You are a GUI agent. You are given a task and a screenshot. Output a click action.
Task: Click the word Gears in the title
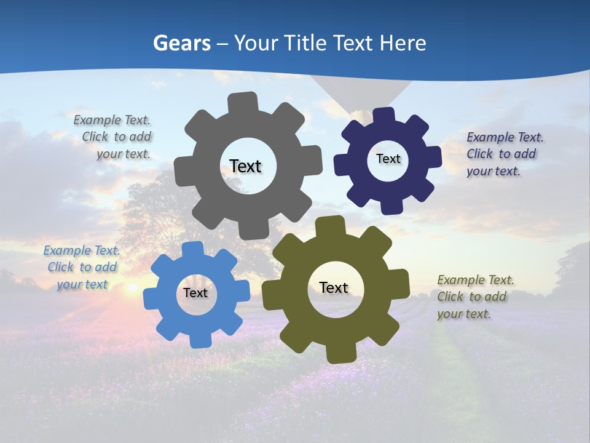181,43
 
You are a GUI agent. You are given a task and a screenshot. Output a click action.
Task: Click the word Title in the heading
304,43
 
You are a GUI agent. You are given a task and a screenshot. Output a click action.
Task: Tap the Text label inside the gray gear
245,166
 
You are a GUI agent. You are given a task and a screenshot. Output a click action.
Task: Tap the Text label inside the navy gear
388,159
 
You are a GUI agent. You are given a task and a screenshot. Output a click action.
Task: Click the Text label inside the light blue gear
195,293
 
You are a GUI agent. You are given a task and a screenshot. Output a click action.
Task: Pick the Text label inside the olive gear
334,288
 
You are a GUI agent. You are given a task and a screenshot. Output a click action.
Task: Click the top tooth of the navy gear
383,116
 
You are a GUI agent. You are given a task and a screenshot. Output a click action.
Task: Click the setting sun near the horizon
132,287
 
